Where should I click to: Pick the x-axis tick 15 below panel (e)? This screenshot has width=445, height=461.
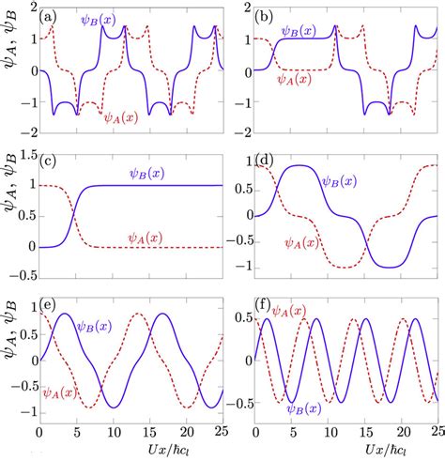[158, 437]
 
